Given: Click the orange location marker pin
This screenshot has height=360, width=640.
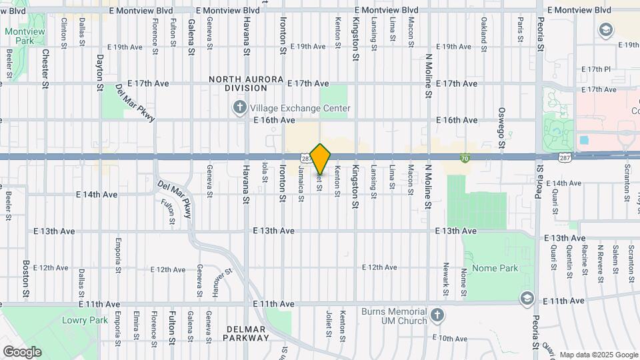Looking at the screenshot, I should point(321,159).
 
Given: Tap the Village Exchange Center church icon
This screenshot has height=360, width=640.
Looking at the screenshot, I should point(239,107).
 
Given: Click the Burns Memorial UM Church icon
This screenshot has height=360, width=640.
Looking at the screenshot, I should point(436,313).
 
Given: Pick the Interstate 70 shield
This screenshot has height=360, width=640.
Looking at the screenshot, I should point(465,158).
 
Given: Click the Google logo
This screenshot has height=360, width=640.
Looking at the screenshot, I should point(22,351).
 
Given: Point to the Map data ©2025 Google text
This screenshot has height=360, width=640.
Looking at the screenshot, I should point(598,355).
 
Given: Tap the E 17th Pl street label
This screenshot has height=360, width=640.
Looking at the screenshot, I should point(596,69).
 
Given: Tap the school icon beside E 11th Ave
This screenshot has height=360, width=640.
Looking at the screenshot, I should point(527,297).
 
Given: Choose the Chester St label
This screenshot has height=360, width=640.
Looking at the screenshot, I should point(45,69).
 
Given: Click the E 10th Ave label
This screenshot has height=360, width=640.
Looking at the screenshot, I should point(450,339).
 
